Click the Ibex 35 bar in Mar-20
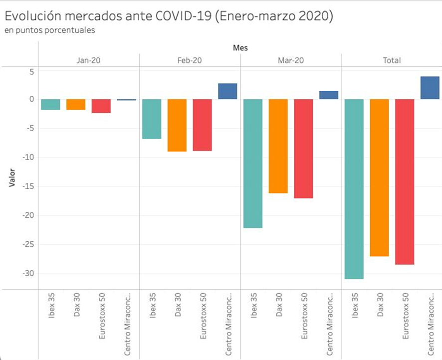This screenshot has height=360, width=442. (252, 163)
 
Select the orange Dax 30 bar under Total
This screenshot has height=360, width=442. (379, 178)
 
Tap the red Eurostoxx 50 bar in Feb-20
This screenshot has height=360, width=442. (202, 125)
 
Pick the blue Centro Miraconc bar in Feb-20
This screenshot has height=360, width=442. (227, 91)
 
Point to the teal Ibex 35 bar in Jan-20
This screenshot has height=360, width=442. (50, 104)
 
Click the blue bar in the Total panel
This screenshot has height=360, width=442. (430, 88)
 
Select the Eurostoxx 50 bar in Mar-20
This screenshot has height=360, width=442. (303, 149)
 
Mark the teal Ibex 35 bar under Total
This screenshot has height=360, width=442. (353, 189)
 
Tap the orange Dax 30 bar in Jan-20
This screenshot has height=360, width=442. (76, 104)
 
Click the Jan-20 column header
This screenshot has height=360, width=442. (88, 60)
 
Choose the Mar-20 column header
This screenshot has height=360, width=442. (291, 60)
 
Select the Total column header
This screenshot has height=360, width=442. (392, 60)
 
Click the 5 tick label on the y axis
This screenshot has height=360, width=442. (31, 71)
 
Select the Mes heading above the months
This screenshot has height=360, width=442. (240, 48)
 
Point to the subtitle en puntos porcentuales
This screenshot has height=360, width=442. (50, 30)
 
